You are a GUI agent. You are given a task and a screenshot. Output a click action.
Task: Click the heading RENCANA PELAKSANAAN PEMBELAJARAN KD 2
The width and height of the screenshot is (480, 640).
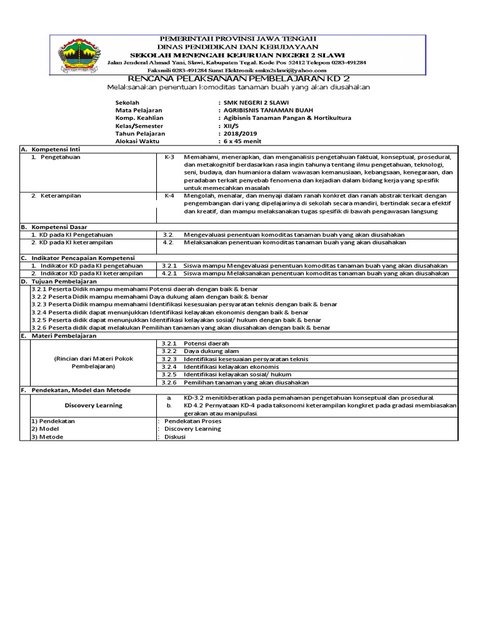(238, 78)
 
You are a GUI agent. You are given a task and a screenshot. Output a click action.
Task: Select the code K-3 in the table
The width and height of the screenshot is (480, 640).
(170, 157)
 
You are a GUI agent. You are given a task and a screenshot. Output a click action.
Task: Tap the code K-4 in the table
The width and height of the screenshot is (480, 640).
(170, 196)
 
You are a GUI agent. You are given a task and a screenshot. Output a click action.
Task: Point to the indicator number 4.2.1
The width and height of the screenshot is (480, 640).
(169, 273)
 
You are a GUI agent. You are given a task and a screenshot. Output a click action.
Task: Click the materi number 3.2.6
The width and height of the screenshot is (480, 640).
(169, 382)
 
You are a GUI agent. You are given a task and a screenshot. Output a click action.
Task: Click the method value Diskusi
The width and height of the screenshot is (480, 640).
(175, 437)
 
